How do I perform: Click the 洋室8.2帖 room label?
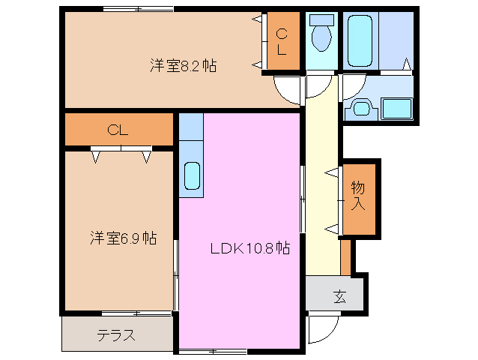point(183,66)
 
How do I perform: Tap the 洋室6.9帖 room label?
point(124,238)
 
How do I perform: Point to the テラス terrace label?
point(116,335)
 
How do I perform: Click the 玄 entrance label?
point(339,295)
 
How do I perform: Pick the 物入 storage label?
point(357,196)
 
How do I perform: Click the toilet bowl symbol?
point(322,37)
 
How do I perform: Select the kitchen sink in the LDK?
point(191,177)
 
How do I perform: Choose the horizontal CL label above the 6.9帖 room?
point(117,130)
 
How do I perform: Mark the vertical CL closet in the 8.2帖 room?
point(282,42)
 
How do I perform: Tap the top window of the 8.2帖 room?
point(139,10)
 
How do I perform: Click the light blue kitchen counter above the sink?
point(190,135)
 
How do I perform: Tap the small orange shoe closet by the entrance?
point(345,256)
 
